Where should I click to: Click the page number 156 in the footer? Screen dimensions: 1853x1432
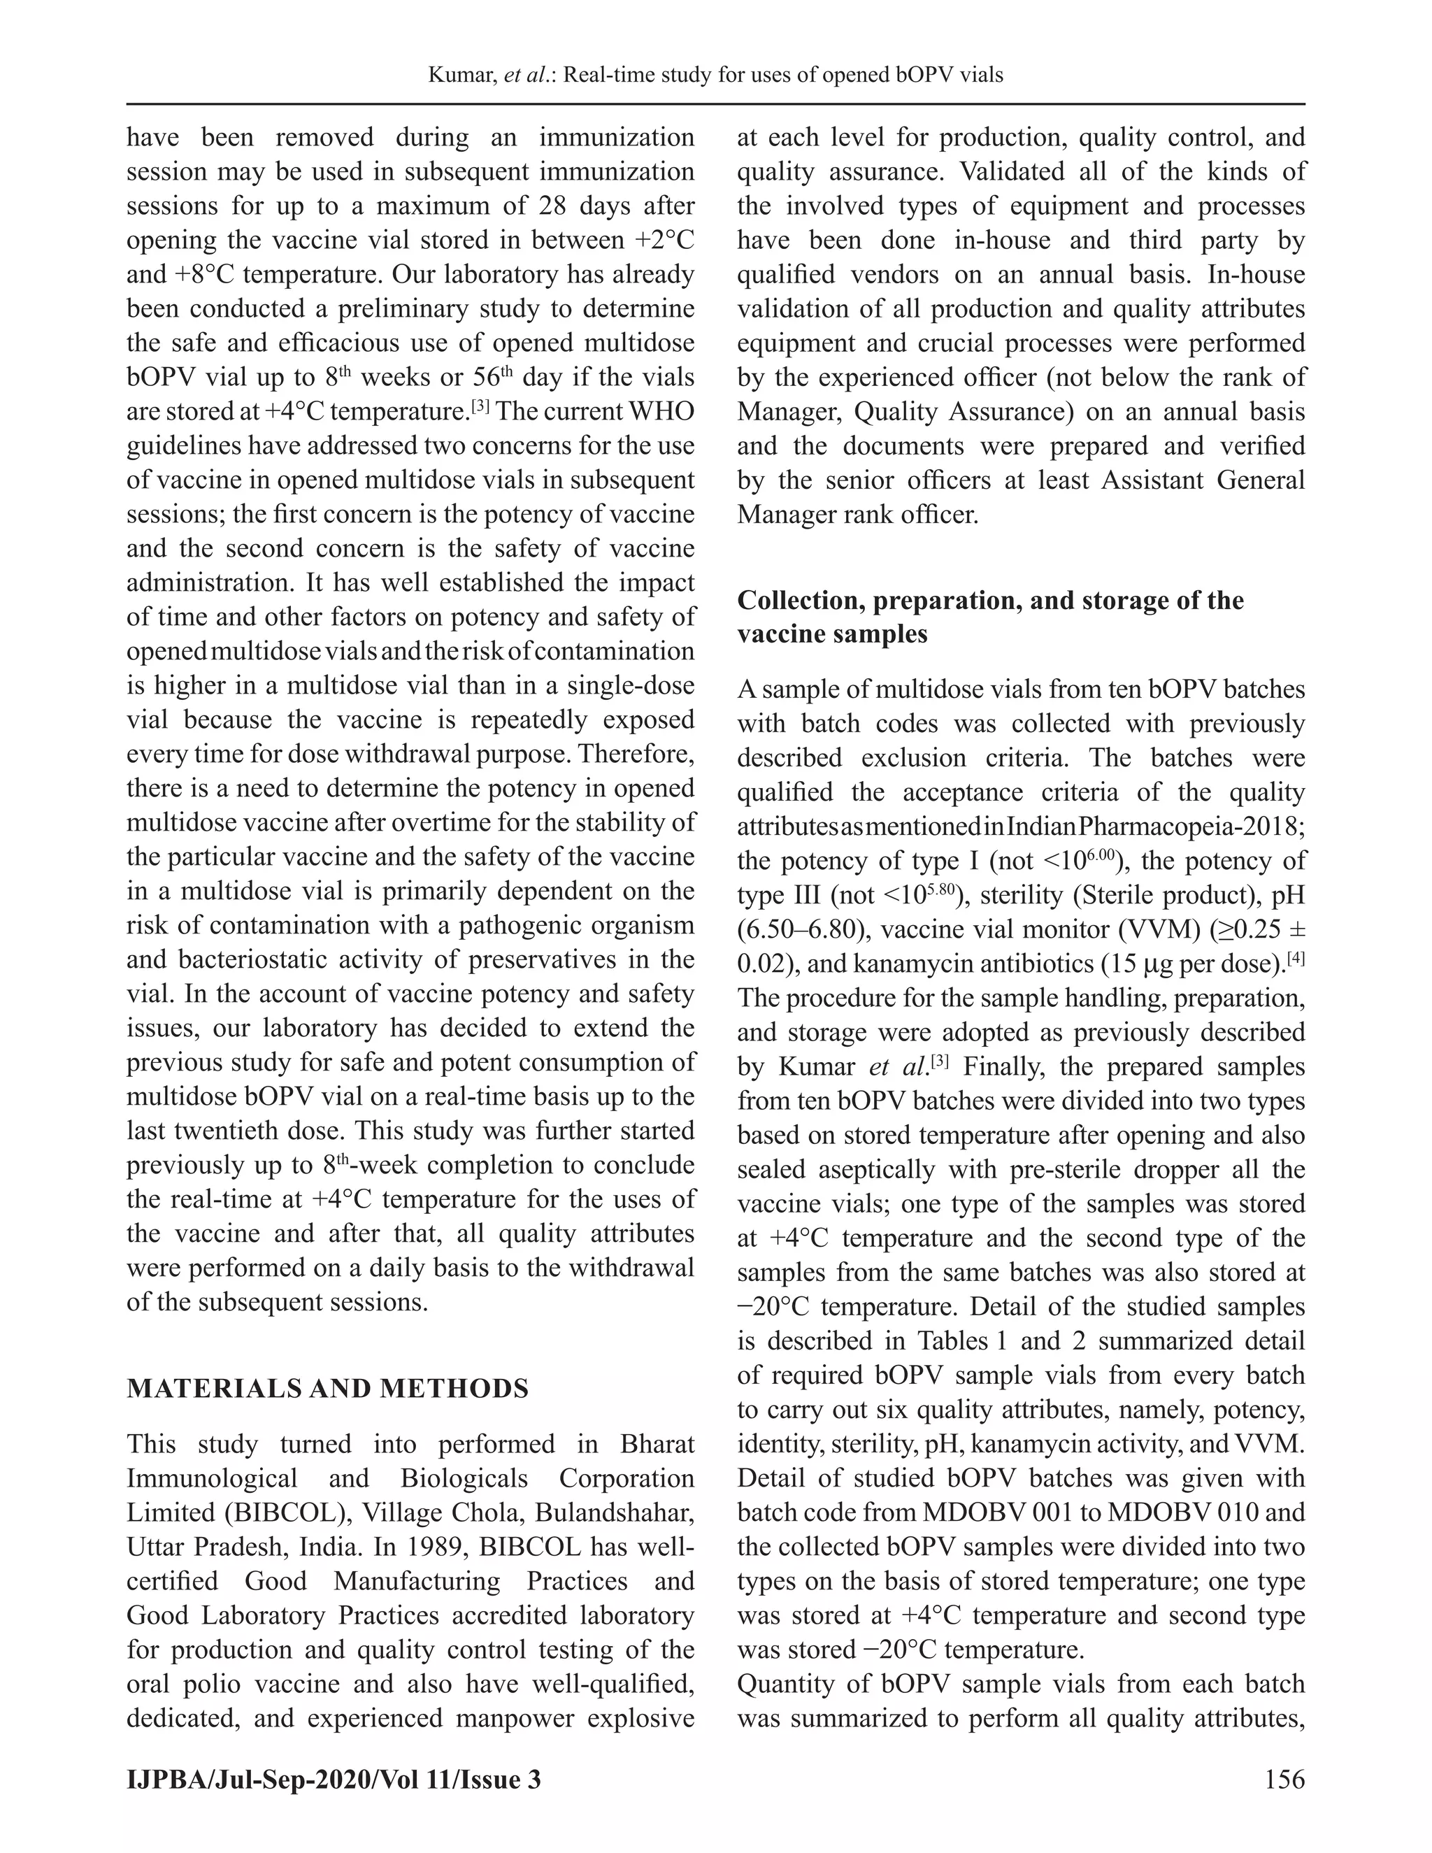(1284, 1778)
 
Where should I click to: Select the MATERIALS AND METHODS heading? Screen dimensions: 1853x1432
(327, 1388)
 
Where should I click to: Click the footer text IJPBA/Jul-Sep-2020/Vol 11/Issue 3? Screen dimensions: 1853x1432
(334, 1778)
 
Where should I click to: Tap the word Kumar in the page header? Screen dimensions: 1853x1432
(461, 76)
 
